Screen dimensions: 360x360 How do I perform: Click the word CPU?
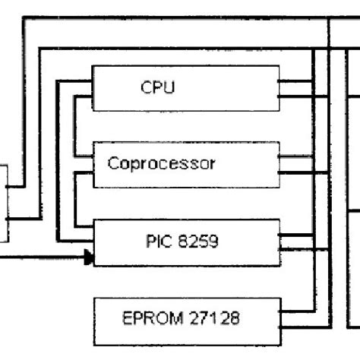click(157, 87)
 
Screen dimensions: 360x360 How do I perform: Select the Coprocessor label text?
click(161, 163)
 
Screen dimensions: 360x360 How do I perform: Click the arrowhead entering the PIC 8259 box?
click(89, 258)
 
